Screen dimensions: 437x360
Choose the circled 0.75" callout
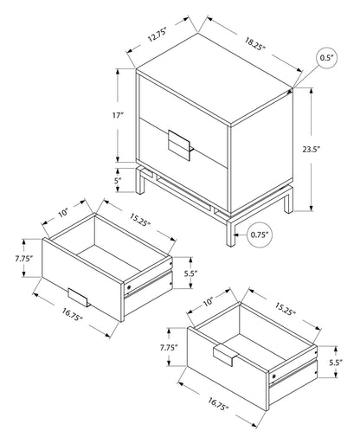point(257,233)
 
